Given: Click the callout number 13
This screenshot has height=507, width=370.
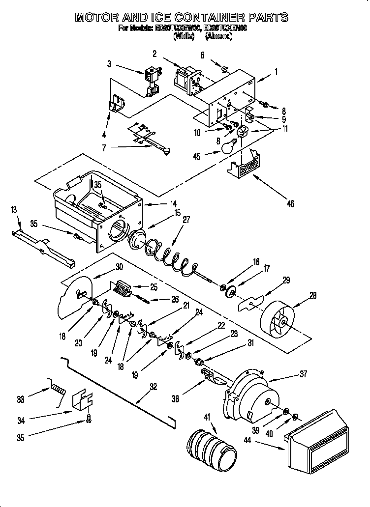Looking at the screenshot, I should (x=13, y=211).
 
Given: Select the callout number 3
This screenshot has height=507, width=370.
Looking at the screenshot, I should (x=109, y=63).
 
